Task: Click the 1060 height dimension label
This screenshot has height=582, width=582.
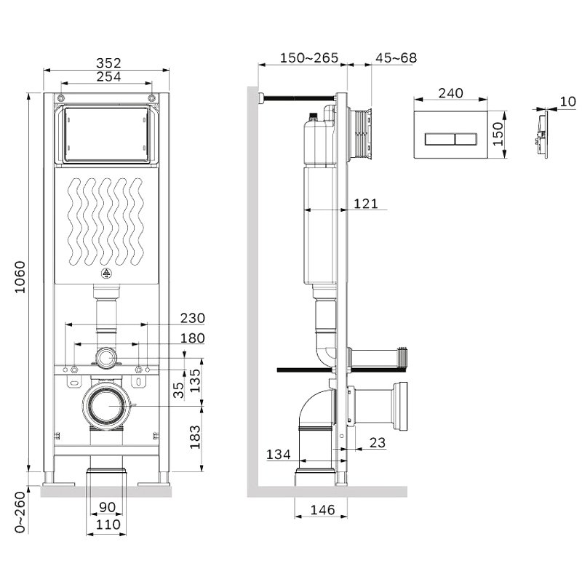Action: pyautogui.click(x=20, y=277)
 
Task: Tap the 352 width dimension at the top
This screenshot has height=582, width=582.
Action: pyautogui.click(x=108, y=63)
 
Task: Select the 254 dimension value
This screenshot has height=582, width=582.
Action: pyautogui.click(x=108, y=76)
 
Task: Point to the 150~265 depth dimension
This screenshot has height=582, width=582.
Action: pyautogui.click(x=309, y=58)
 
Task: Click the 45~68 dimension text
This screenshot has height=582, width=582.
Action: pyautogui.click(x=396, y=58)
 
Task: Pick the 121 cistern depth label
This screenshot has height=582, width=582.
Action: pyautogui.click(x=366, y=204)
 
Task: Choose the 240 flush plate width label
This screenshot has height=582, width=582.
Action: pyautogui.click(x=450, y=93)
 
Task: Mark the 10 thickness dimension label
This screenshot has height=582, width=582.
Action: pyautogui.click(x=567, y=101)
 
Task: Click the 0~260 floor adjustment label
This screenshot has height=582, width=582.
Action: pyautogui.click(x=20, y=512)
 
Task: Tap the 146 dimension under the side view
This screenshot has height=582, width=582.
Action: pyautogui.click(x=322, y=510)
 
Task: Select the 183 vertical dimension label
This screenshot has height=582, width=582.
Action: pyautogui.click(x=195, y=437)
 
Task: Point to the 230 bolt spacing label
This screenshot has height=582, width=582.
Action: pyautogui.click(x=193, y=318)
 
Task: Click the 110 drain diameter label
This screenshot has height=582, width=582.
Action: pyautogui.click(x=108, y=525)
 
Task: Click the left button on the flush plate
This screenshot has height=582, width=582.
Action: pyautogui.click(x=439, y=140)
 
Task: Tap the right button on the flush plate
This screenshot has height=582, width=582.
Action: pyautogui.click(x=469, y=140)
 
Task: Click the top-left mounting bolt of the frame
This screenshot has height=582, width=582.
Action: pyautogui.click(x=61, y=98)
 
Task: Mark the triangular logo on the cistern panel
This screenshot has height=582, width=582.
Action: pyautogui.click(x=106, y=274)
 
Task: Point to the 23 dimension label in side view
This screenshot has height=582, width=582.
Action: pyautogui.click(x=378, y=442)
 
